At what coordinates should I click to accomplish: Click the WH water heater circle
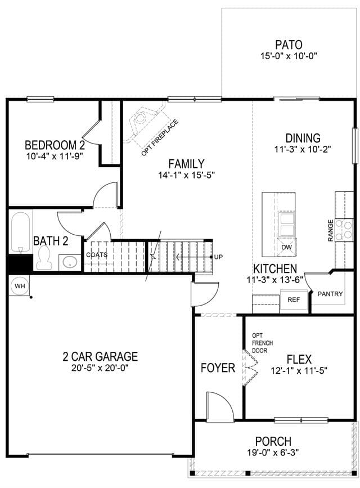pos(20,286)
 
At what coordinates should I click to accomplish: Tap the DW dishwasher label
pos(286,247)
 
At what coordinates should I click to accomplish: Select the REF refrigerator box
pos(294,299)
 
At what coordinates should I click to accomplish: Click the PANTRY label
pos(330,293)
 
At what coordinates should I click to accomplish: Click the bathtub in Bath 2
pos(21,232)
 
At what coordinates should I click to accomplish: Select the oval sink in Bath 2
pos(70,262)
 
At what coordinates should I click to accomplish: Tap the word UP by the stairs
pos(218,257)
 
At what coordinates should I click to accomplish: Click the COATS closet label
pos(97,255)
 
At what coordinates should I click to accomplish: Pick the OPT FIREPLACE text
pos(160,137)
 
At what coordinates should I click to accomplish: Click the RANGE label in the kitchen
pos(330,231)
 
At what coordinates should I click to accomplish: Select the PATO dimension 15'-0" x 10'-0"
pos(289,56)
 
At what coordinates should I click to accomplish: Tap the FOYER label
pos(218,368)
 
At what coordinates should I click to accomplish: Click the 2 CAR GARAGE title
pos(100,356)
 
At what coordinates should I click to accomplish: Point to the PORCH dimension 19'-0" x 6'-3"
pos(273,452)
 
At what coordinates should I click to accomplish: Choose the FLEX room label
pos(299,360)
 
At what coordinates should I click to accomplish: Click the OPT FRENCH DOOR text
pos(262,343)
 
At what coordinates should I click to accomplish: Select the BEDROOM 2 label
pos(55,145)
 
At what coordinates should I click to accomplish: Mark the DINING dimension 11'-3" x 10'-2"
pos(303,149)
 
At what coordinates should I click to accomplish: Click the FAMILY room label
pos(186,164)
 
